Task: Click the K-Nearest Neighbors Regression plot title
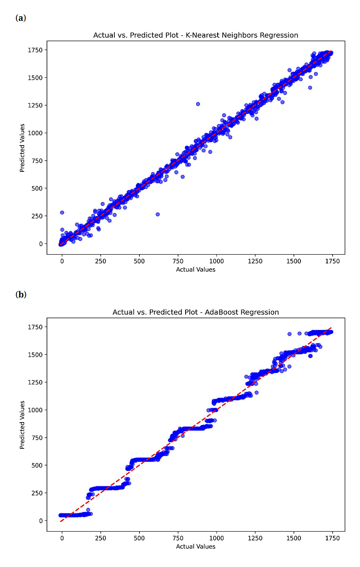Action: (x=196, y=35)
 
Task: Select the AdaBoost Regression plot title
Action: (x=196, y=312)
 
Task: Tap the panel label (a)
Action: (x=21, y=18)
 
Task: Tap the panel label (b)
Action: (x=21, y=295)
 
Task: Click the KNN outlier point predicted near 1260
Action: (x=198, y=104)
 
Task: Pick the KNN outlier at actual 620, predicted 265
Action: (x=158, y=214)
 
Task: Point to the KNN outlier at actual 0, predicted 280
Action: (x=62, y=213)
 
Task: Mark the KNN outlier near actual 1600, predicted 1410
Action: (x=310, y=88)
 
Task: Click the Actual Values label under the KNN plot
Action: (x=196, y=270)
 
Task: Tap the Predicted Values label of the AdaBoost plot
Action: (x=22, y=425)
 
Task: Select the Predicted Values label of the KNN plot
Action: (x=22, y=148)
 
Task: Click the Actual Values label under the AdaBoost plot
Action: (x=196, y=547)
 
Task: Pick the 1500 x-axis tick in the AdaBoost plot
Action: (x=294, y=538)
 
